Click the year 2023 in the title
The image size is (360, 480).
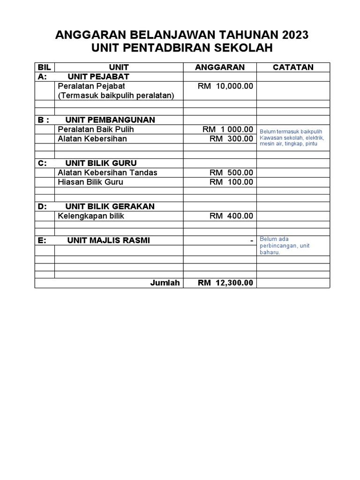296,35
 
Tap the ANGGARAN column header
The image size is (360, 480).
220,67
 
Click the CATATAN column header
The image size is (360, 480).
293,67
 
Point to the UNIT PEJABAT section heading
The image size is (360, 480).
98,76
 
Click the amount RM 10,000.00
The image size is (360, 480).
225,86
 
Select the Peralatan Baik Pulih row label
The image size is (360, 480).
92,129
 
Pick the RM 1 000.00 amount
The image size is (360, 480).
228,129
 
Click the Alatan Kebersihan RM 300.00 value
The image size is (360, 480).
231,139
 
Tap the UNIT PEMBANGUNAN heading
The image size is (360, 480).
110,120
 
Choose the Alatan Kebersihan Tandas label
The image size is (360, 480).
107,172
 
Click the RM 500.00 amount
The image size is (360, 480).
231,172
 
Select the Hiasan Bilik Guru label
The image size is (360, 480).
90,182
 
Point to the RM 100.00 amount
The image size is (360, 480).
231,182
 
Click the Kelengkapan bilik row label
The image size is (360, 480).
91,216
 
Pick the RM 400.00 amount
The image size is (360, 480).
231,216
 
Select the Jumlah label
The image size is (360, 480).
165,283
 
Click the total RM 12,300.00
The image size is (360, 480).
225,283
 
